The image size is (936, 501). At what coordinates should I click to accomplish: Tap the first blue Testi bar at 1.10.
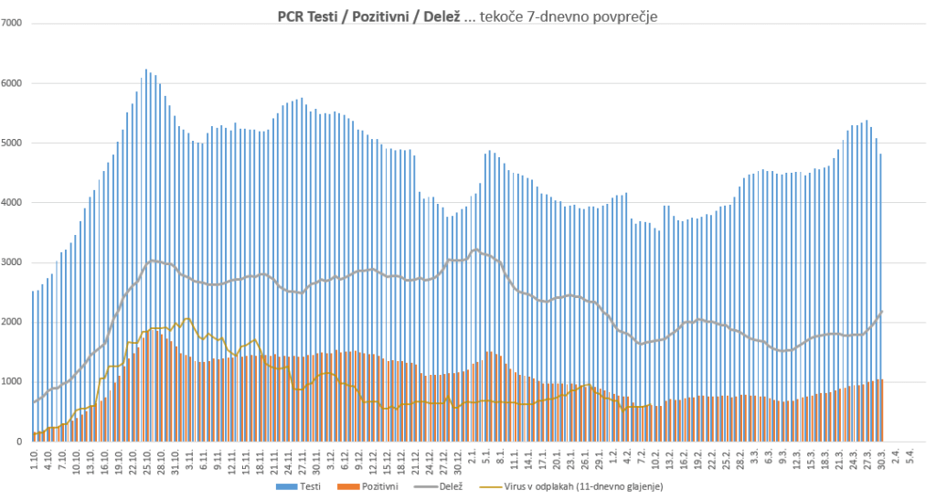(33, 366)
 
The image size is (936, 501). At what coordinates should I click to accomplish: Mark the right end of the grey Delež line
(882, 312)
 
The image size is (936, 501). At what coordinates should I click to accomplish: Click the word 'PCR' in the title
(291, 16)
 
